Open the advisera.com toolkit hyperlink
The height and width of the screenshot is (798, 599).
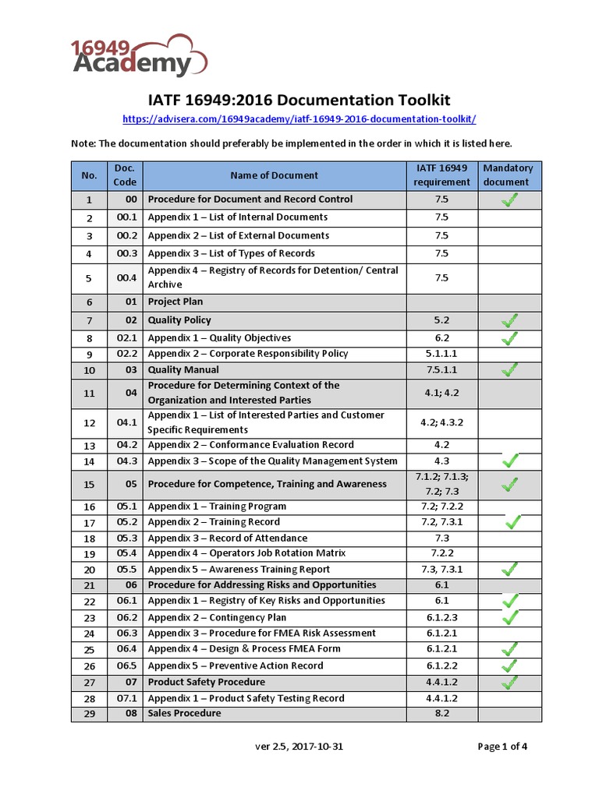pos(299,118)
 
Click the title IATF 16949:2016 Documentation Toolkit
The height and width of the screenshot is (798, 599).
pos(299,100)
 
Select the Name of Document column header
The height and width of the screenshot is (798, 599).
pos(274,175)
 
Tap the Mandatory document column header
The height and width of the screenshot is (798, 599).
pos(508,175)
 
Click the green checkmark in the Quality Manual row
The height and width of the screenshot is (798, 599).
pos(509,369)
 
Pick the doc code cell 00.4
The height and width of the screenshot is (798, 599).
pos(126,278)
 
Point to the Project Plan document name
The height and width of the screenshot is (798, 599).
pos(175,302)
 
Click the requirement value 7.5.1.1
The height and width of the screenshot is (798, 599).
pos(442,369)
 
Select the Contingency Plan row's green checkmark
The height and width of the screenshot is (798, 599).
pos(509,617)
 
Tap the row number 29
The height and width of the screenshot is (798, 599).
pos(90,714)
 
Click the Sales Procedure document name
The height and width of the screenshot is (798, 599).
pos(184,713)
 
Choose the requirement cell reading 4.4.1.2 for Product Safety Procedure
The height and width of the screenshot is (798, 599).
pos(442,683)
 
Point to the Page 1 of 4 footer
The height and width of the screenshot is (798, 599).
pos(502,747)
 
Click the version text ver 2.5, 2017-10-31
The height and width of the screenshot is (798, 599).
pos(299,747)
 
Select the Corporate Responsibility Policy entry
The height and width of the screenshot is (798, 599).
pos(248,353)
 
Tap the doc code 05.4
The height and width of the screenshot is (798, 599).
pos(126,553)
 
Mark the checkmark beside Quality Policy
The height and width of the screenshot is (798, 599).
pos(509,320)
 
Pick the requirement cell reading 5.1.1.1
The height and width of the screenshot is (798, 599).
pos(442,353)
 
